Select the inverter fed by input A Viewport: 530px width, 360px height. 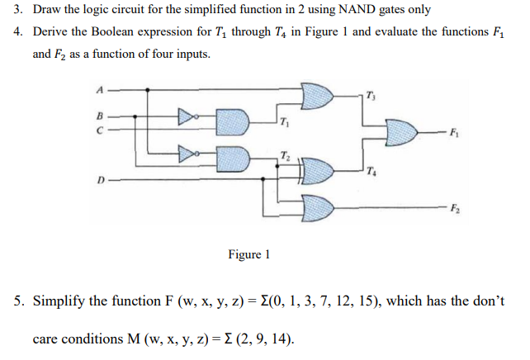(188, 152)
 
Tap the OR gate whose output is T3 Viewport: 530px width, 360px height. (317, 97)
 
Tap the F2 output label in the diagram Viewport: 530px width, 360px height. (455, 207)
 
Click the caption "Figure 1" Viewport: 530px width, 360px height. (248, 253)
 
